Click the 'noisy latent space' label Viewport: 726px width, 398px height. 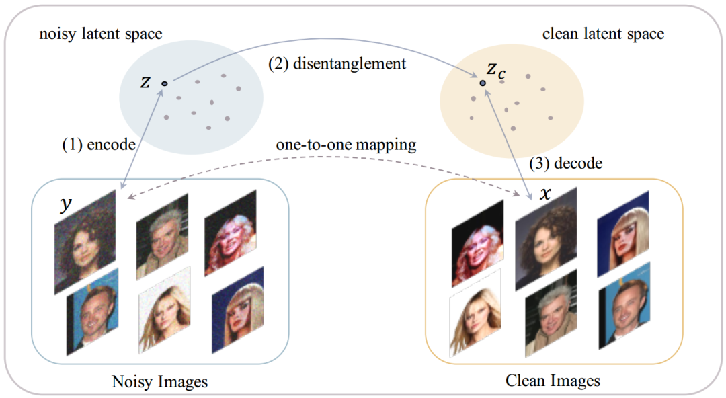point(100,34)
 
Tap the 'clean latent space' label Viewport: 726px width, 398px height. point(603,34)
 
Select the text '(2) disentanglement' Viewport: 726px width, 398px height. point(337,63)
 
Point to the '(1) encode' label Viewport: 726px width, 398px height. point(99,145)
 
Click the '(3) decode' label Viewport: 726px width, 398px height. point(566,163)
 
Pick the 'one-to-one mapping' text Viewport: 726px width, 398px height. point(346,145)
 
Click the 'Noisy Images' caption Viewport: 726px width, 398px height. point(160,382)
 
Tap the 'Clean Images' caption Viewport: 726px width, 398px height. point(553,381)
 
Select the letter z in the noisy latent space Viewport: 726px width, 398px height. point(145,82)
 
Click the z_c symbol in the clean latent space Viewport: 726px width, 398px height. point(496,70)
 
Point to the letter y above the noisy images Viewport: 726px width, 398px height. point(66,203)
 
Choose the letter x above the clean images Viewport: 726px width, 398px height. point(545,193)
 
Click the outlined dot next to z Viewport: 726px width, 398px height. point(165,84)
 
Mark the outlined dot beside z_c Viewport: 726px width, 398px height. point(483,83)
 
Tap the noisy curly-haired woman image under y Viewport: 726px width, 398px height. point(85,242)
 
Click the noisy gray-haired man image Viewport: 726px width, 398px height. point(162,237)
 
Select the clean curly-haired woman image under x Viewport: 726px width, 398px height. point(546,239)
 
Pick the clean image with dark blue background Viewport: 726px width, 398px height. point(622,235)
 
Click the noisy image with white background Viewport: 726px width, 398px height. point(165,310)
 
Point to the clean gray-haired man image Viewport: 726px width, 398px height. point(551,313)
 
